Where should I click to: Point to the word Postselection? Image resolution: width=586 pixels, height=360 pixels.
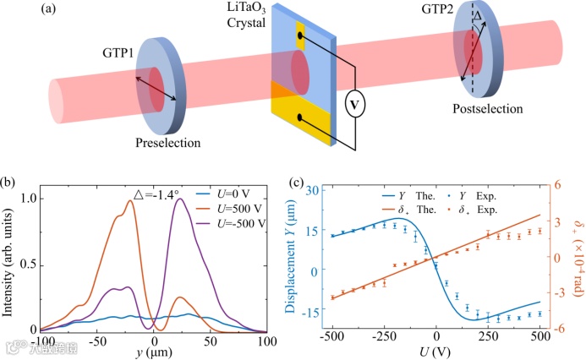point(485,109)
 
